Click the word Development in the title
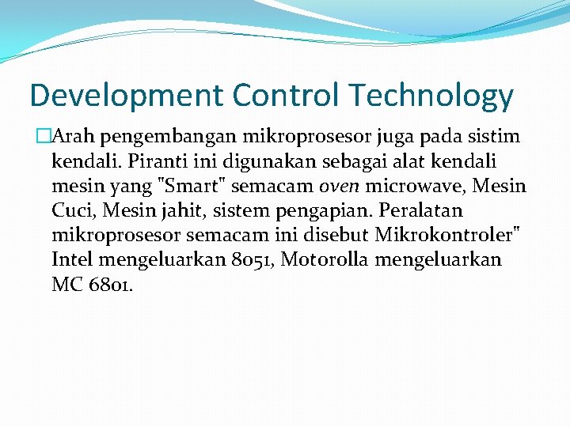(x=127, y=96)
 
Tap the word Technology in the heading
(x=430, y=96)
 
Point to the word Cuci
(x=70, y=211)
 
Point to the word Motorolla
(x=326, y=260)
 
